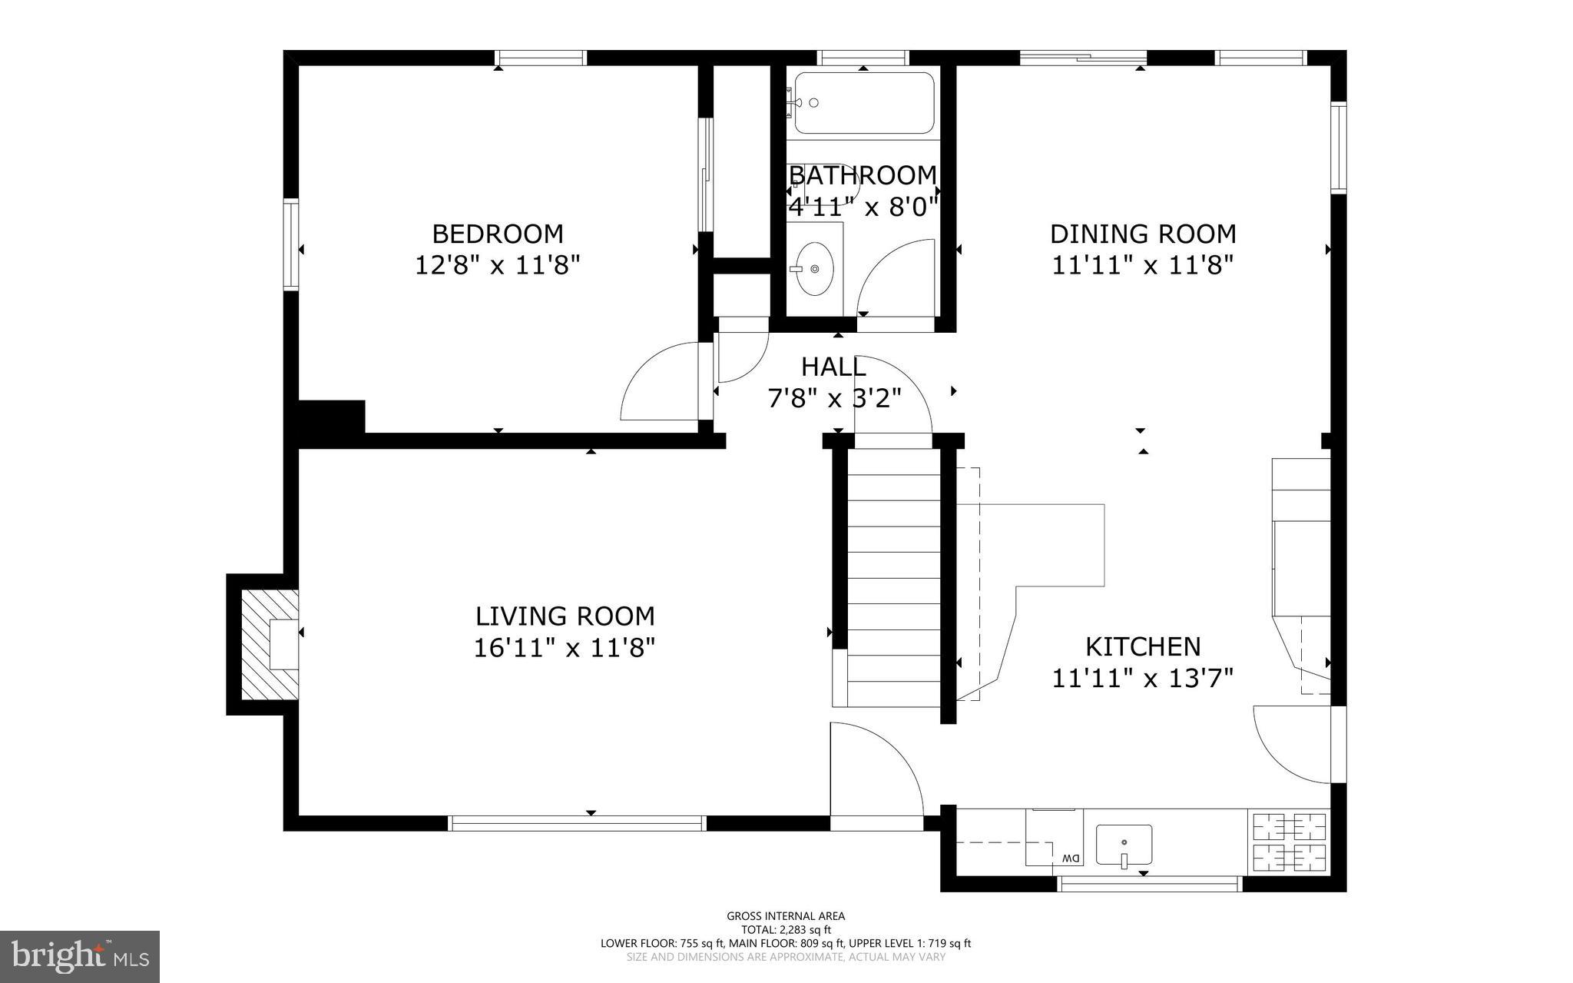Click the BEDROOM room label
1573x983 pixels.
tap(497, 233)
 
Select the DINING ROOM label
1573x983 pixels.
tap(1142, 233)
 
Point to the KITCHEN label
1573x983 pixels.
tap(1142, 646)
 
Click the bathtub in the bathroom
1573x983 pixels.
tap(863, 103)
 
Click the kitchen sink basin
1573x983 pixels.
tap(1124, 845)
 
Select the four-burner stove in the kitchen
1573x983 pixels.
tap(1290, 841)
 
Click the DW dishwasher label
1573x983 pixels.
tap(1070, 858)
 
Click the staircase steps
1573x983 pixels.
tap(893, 576)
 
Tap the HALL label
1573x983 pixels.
tap(833, 367)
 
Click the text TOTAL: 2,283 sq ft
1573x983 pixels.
tap(786, 929)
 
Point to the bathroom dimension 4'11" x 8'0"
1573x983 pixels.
tap(863, 206)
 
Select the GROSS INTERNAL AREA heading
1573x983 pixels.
tap(786, 915)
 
